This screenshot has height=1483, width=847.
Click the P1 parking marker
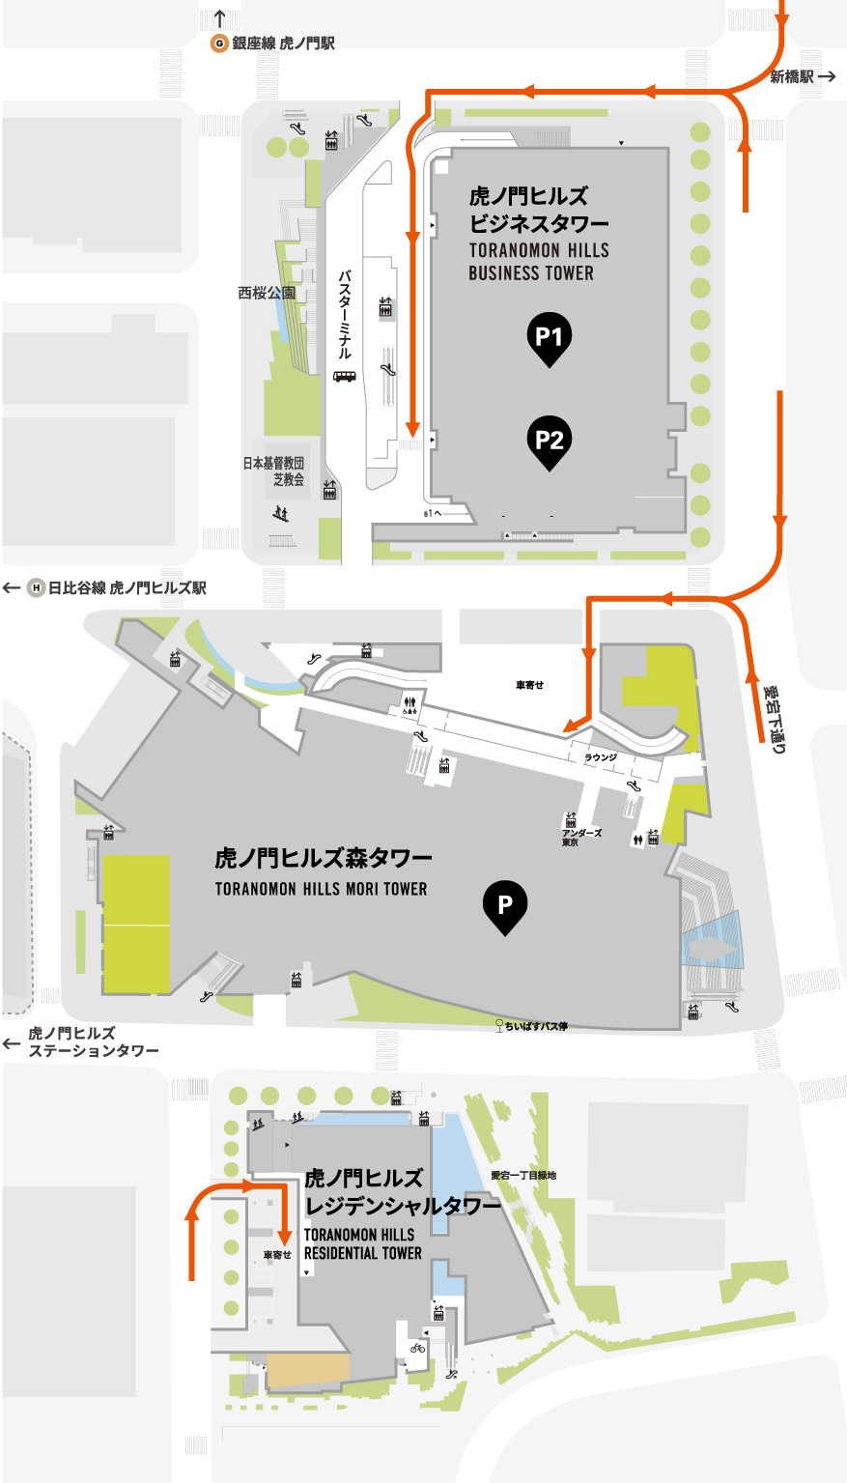tap(549, 337)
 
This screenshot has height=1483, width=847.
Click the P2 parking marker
tap(549, 441)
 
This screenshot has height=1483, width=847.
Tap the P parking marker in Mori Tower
tap(504, 906)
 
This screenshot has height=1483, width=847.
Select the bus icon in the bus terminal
tap(344, 376)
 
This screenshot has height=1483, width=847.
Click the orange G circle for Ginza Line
tap(219, 43)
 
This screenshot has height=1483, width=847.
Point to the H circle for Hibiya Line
tap(36, 587)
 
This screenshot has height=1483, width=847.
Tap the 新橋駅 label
tap(792, 76)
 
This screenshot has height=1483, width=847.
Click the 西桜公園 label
tap(267, 293)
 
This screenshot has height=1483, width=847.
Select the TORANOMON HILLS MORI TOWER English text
tap(321, 889)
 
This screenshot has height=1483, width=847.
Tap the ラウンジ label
tap(600, 757)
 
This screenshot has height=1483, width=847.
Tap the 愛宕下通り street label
tap(775, 719)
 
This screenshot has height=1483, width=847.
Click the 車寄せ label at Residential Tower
tap(277, 1255)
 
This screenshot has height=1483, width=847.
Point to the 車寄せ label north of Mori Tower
tap(529, 685)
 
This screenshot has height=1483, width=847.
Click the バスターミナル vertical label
tap(344, 315)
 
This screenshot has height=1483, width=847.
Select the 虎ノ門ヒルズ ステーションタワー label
tap(93, 1042)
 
